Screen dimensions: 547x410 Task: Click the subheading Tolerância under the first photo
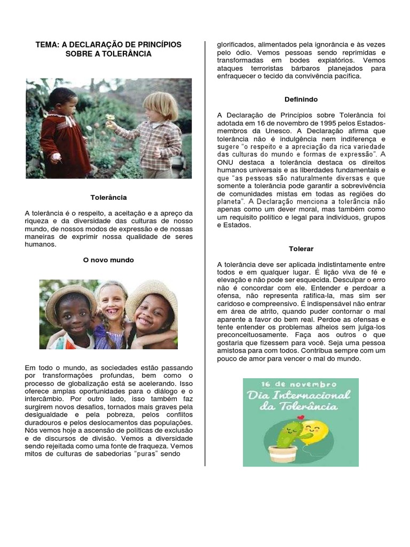click(x=109, y=197)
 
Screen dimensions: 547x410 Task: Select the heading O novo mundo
click(x=109, y=260)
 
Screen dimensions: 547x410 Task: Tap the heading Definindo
click(x=301, y=99)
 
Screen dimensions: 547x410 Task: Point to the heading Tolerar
click(x=301, y=249)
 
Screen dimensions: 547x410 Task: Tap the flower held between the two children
click(x=110, y=117)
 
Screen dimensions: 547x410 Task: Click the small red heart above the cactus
click(x=301, y=417)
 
